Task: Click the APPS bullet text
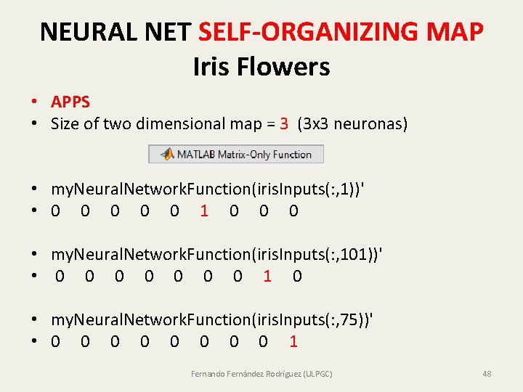click(x=70, y=102)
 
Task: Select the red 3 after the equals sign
click(x=284, y=124)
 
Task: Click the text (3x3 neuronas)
click(x=352, y=124)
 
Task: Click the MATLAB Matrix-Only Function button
click(x=236, y=154)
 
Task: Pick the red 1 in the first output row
click(x=204, y=211)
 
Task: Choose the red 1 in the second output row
click(x=267, y=277)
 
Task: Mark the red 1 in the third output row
click(x=293, y=342)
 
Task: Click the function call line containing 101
click(x=217, y=254)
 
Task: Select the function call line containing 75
click(x=213, y=319)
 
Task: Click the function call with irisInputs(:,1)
click(x=208, y=189)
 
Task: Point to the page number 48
click(x=487, y=374)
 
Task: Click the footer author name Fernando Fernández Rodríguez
click(x=261, y=374)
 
